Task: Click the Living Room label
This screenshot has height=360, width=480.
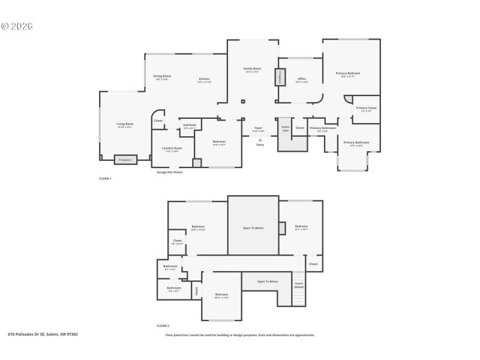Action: click(125, 124)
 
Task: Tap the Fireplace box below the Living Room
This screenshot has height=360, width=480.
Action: click(125, 160)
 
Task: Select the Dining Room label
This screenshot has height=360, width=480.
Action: click(162, 76)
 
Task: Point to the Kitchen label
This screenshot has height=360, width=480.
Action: click(204, 79)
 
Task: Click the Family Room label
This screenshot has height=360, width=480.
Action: click(252, 69)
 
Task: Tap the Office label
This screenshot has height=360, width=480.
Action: click(302, 79)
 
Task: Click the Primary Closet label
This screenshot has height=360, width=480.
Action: click(366, 109)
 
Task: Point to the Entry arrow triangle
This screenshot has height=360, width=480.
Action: click(260, 140)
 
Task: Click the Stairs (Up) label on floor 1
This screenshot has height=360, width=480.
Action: click(286, 128)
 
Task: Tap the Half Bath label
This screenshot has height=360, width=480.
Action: click(190, 125)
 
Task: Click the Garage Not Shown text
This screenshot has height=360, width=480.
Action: click(169, 172)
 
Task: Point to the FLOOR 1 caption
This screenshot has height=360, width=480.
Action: click(105, 179)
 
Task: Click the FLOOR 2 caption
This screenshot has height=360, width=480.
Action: click(163, 325)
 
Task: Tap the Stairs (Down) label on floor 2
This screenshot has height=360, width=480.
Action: click(299, 285)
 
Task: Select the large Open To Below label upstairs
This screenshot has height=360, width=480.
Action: click(253, 228)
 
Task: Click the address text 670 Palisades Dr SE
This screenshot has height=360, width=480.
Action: click(43, 334)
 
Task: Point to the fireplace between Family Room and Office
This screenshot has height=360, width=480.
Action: click(280, 77)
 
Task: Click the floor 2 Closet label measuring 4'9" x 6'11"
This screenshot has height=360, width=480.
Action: click(177, 241)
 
